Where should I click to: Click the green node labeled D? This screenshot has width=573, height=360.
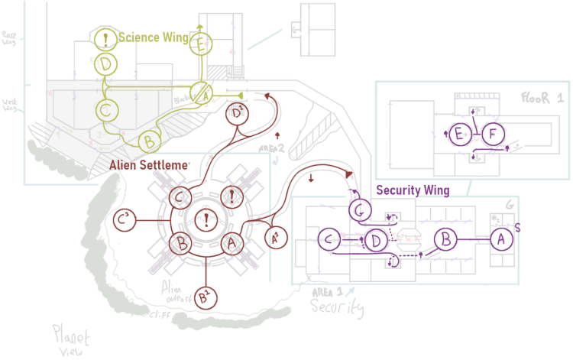pos(105,63)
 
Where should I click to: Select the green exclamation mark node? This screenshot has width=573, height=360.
pos(105,37)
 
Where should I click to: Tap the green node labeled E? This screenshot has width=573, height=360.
pos(200,45)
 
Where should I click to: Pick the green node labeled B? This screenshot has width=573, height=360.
pos(151,141)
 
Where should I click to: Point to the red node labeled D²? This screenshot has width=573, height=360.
pos(238,114)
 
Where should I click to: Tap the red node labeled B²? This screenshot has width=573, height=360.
pos(204,295)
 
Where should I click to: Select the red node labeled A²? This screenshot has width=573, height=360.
pos(276,238)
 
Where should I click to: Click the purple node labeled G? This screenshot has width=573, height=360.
pos(361,208)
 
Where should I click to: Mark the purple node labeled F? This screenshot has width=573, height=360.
pos(493,135)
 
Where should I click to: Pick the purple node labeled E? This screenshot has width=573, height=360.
pos(459,135)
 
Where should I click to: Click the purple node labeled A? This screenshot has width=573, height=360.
pos(501,239)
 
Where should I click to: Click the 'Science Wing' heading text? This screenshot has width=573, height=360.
pos(153,37)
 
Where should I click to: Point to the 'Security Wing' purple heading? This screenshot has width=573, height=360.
pos(413,190)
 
